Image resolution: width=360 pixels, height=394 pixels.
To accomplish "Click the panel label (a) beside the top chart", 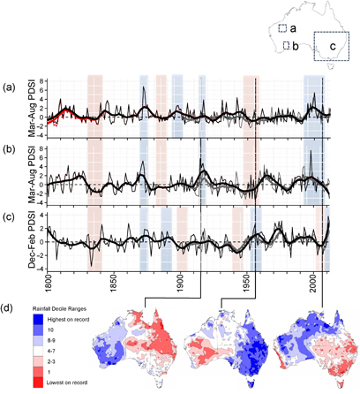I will (9, 87).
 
